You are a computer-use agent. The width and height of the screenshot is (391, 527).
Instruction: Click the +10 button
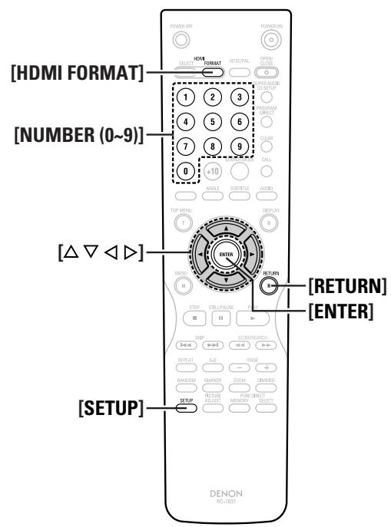tap(212, 171)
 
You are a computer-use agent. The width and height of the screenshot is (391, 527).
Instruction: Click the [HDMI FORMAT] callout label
tap(77, 73)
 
